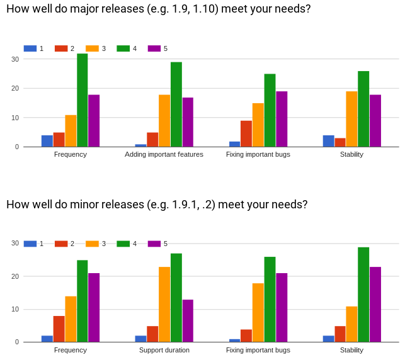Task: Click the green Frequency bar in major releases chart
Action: coord(82,100)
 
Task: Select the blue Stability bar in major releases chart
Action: coord(328,141)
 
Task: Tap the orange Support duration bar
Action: coord(164,305)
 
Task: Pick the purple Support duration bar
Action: coord(188,321)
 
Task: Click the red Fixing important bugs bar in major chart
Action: coord(246,133)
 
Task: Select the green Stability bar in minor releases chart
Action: coord(363,295)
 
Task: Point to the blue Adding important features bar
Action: coord(141,145)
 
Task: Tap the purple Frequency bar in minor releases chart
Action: coord(94,308)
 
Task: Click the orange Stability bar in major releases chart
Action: coord(351,119)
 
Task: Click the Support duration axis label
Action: coord(164,350)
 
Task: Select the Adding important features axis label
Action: coord(164,154)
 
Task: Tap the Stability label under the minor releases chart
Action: coord(351,350)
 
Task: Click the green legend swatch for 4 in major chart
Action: coord(123,48)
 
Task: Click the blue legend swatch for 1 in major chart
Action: coord(30,48)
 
